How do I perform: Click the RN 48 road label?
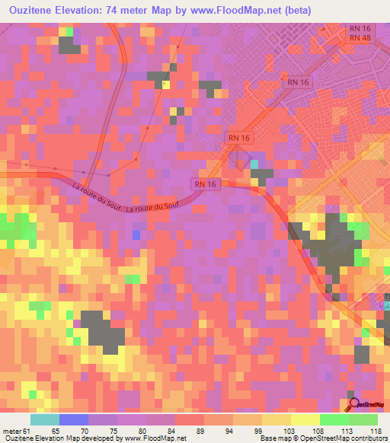359,38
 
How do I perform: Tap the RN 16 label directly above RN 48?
359,28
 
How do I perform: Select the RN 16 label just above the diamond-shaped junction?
239,137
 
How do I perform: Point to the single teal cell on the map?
254,164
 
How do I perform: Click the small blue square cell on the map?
136,234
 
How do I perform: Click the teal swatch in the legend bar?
45,419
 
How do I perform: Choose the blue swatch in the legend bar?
74,419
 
